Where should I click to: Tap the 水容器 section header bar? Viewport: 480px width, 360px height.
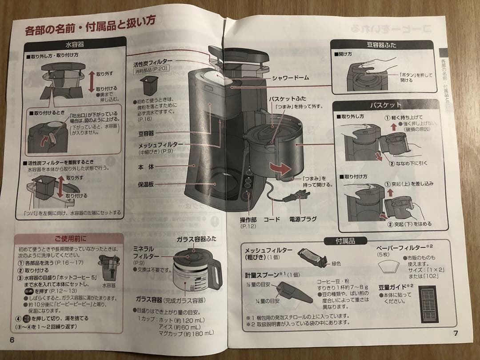click(75, 45)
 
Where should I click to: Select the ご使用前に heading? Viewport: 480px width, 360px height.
click(71, 238)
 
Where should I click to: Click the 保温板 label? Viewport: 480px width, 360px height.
click(145, 184)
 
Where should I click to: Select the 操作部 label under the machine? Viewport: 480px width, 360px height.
click(249, 220)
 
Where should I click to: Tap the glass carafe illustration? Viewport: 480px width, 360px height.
click(194, 272)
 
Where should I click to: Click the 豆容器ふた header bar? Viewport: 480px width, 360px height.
click(381, 45)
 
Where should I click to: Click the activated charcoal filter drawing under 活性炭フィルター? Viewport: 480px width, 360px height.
click(149, 85)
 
